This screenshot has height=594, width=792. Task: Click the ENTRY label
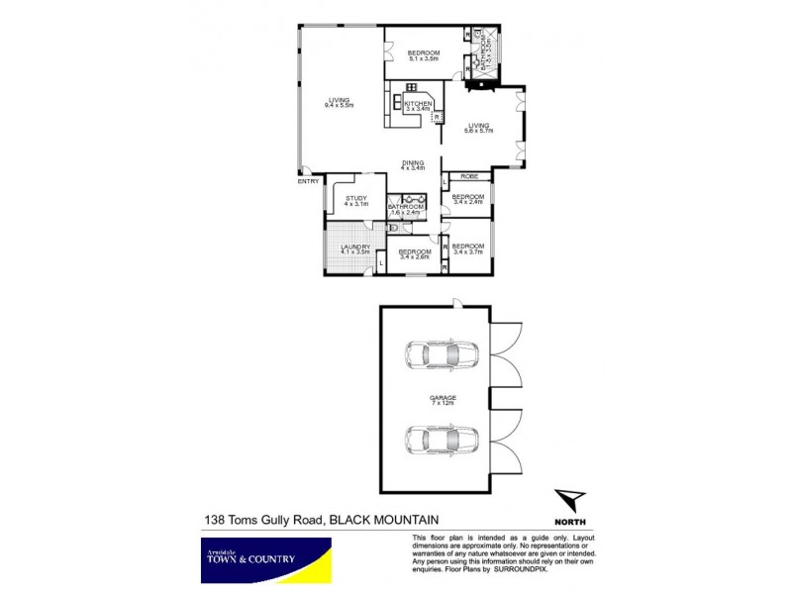(308, 181)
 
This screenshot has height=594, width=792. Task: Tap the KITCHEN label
(417, 104)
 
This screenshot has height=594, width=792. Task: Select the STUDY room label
(356, 199)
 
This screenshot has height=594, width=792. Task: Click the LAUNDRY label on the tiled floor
(354, 247)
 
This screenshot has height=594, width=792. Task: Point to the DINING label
(413, 163)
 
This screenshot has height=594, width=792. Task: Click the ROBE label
(469, 176)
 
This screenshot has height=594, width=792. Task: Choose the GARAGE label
(436, 397)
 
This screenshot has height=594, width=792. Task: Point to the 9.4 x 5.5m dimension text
(339, 105)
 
